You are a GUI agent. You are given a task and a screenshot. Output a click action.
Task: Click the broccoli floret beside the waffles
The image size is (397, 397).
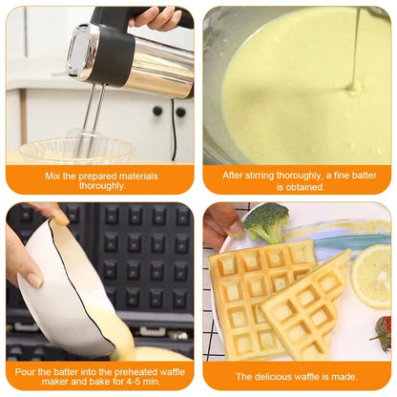[266, 221]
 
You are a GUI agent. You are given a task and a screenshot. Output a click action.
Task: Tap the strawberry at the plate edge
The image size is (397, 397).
[384, 334]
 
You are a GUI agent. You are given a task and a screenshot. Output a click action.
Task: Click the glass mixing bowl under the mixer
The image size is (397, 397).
[76, 150]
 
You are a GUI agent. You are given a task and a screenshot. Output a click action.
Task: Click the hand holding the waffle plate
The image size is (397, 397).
[221, 221]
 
